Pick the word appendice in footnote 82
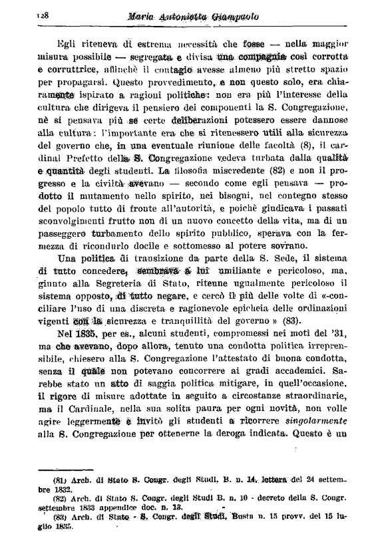132,505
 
